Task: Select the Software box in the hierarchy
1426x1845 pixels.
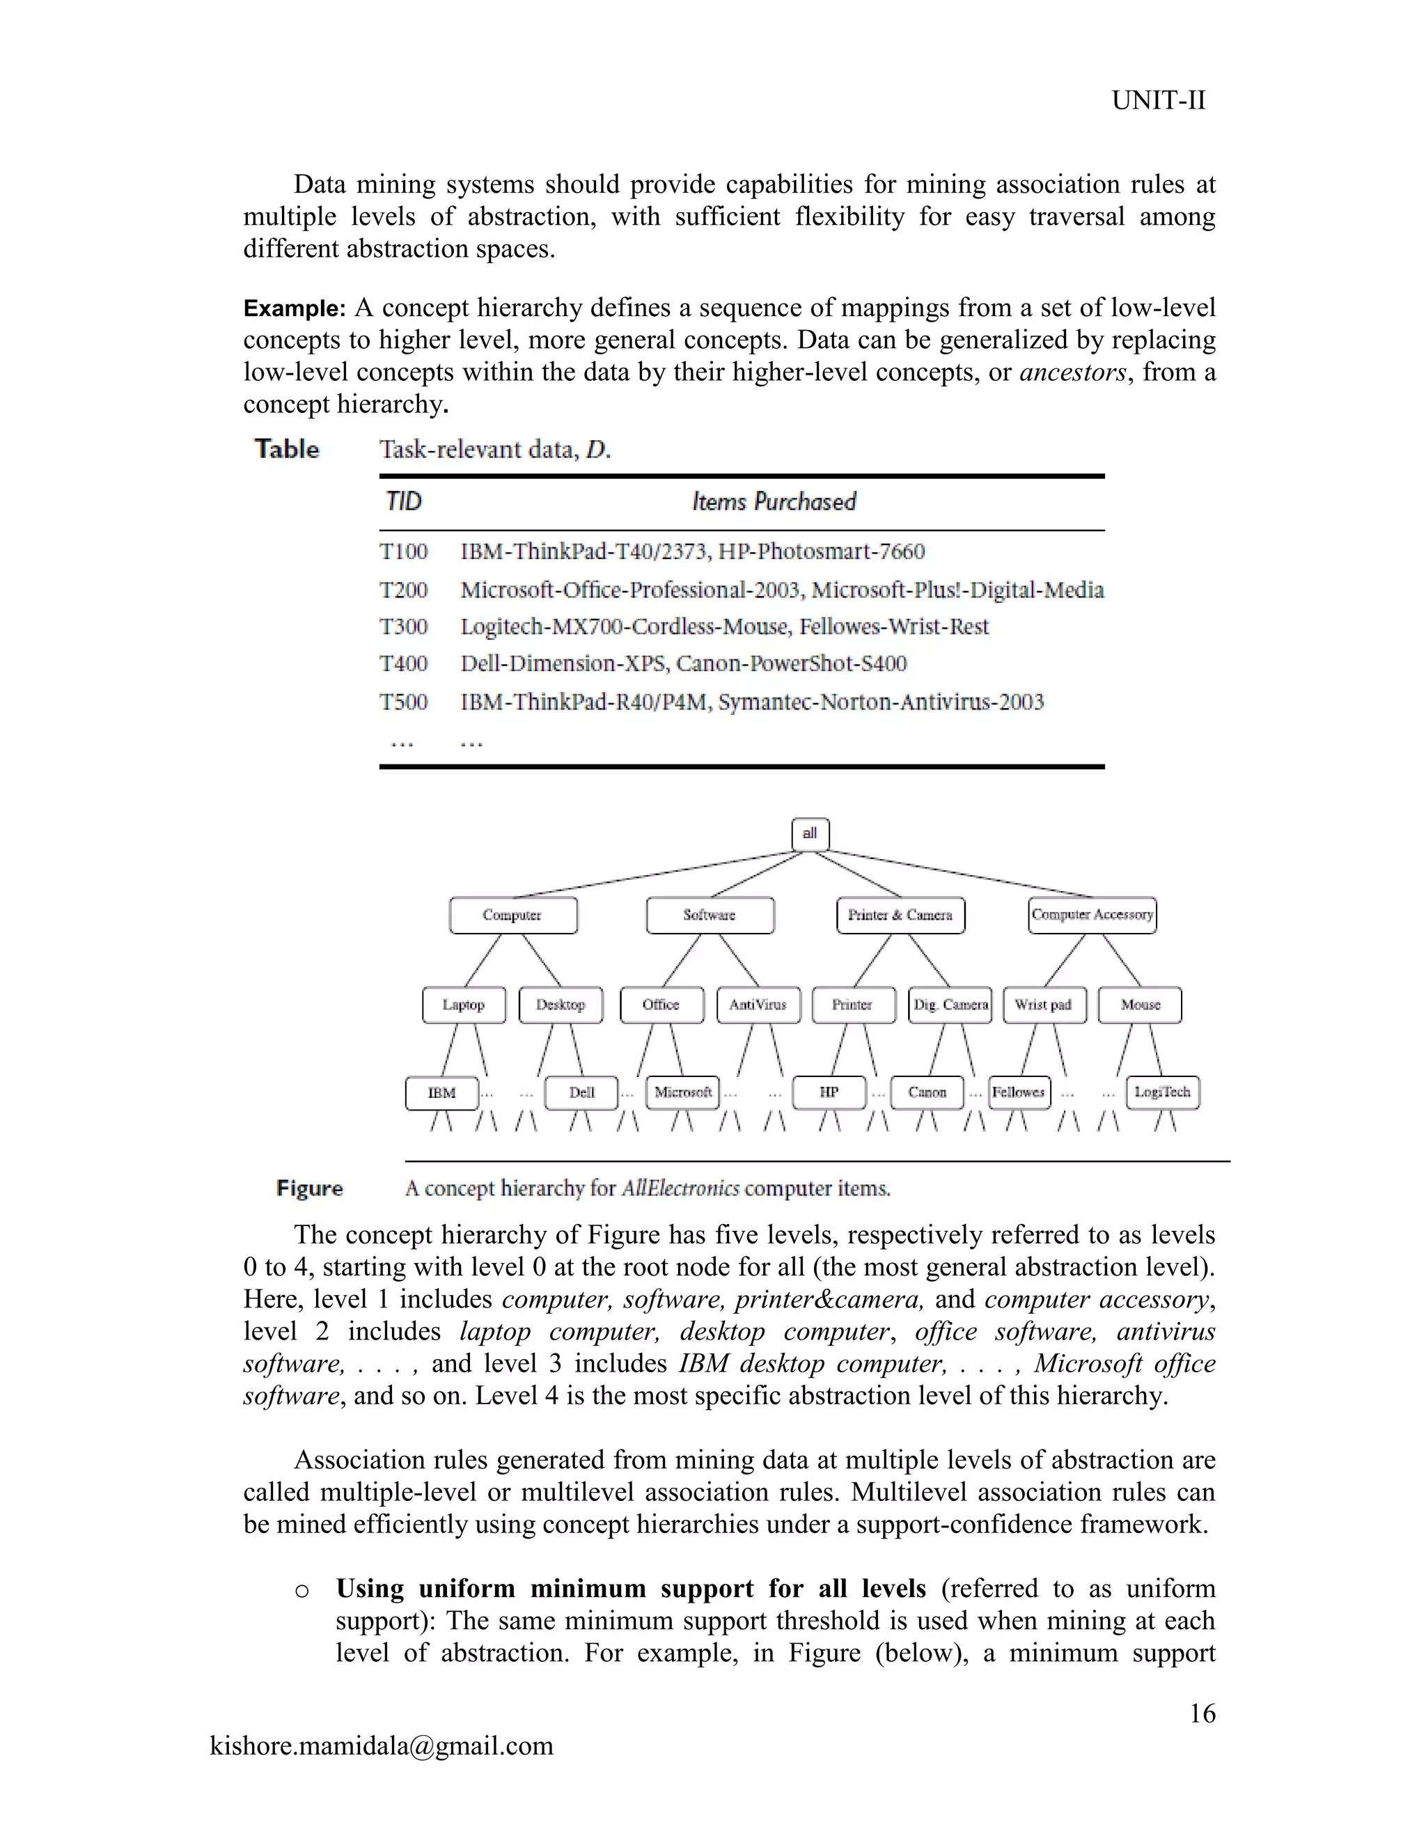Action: pyautogui.click(x=710, y=915)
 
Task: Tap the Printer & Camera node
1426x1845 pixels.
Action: pyautogui.click(x=900, y=915)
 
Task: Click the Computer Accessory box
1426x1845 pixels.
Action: pyautogui.click(x=1092, y=915)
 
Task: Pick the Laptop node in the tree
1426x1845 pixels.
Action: pyautogui.click(x=464, y=1005)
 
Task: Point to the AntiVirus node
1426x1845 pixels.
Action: pyautogui.click(x=758, y=1005)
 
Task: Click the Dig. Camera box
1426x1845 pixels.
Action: pyautogui.click(x=950, y=1005)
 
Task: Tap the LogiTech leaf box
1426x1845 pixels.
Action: pyautogui.click(x=1162, y=1092)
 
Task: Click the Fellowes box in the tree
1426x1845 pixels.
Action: pyautogui.click(x=1019, y=1092)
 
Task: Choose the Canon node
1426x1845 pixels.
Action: pyautogui.click(x=927, y=1092)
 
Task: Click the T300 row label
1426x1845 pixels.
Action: pyautogui.click(x=404, y=627)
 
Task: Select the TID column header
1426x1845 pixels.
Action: pyautogui.click(x=403, y=502)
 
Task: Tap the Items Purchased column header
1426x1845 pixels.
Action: pyautogui.click(x=774, y=502)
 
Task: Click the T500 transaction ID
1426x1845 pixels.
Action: pyautogui.click(x=404, y=702)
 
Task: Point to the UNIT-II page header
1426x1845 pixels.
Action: pyautogui.click(x=1158, y=100)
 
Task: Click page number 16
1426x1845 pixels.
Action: pyautogui.click(x=1202, y=1713)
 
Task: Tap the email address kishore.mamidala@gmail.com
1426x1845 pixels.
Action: pyautogui.click(x=381, y=1745)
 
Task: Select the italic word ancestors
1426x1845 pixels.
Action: pyautogui.click(x=1073, y=372)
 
